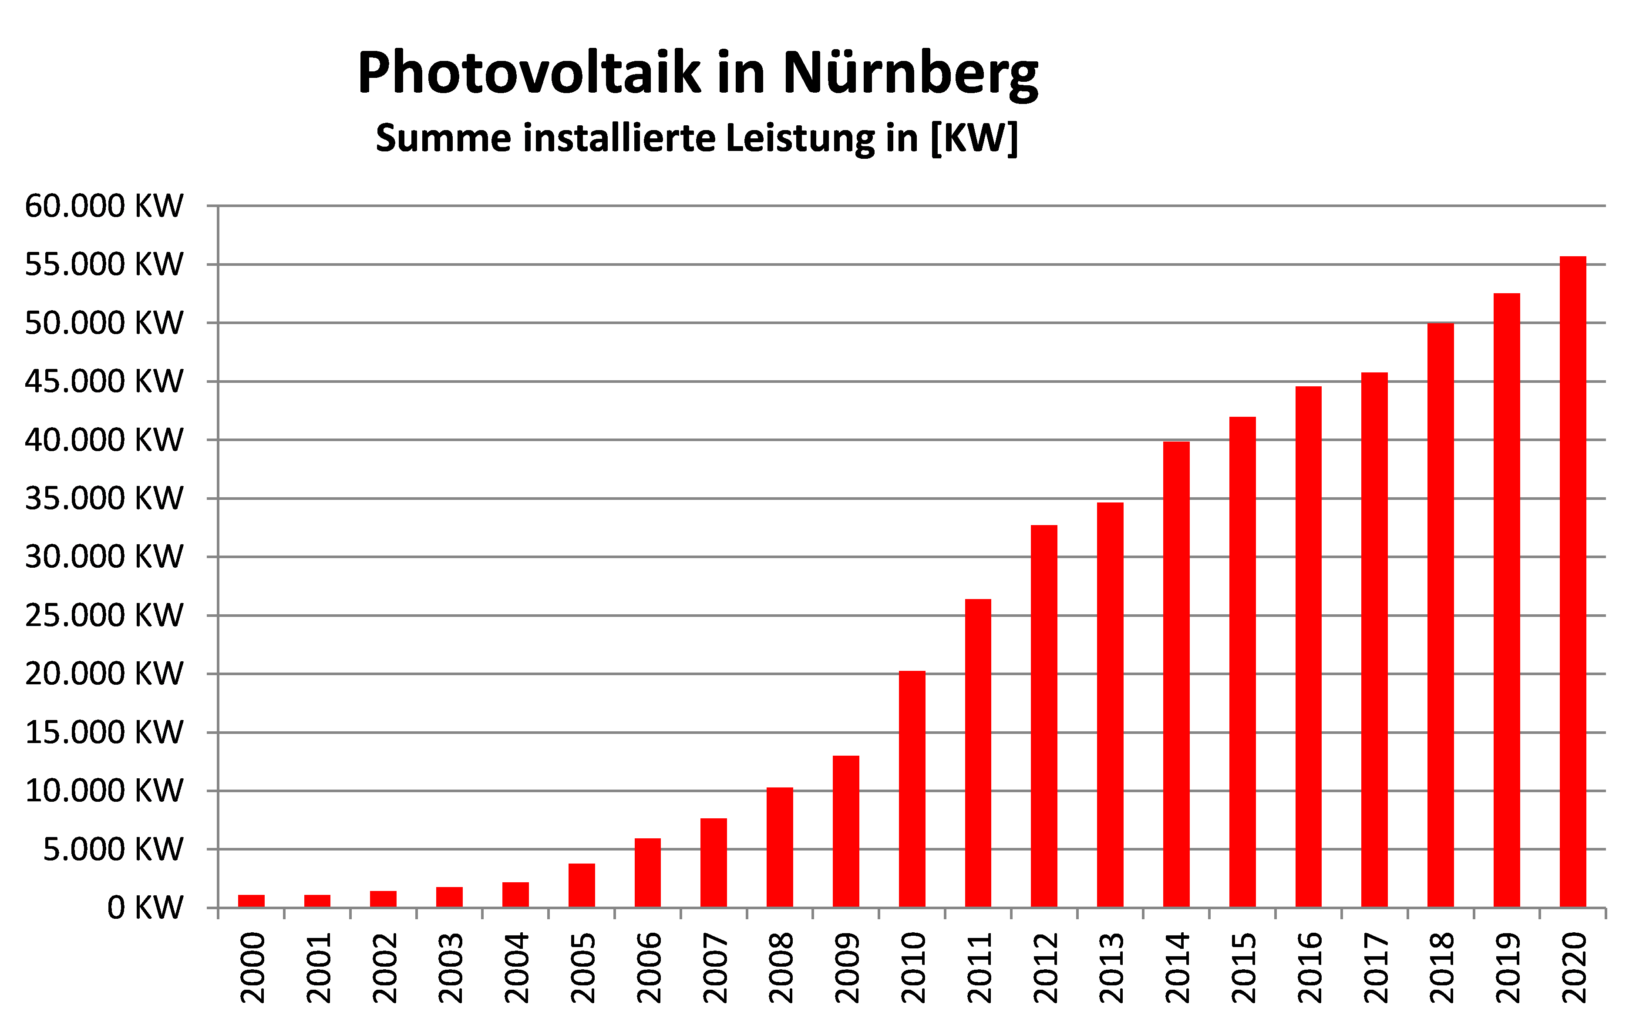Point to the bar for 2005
tap(582, 885)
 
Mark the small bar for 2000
tap(251, 901)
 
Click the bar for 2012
tap(1044, 716)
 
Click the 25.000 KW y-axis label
tap(104, 615)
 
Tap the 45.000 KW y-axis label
tap(104, 382)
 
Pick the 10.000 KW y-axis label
tap(104, 791)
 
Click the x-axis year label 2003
tap(450, 968)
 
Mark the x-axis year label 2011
tap(979, 968)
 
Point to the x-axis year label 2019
tap(1507, 968)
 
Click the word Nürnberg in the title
tap(910, 74)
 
